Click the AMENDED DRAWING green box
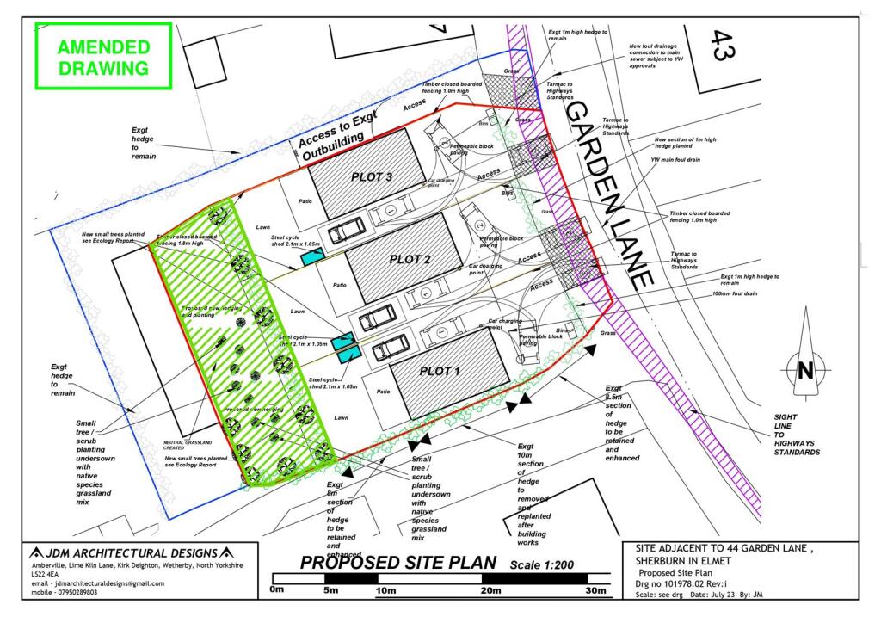[103, 58]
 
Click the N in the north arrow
[805, 372]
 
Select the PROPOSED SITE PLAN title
[397, 564]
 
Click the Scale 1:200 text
[543, 564]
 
